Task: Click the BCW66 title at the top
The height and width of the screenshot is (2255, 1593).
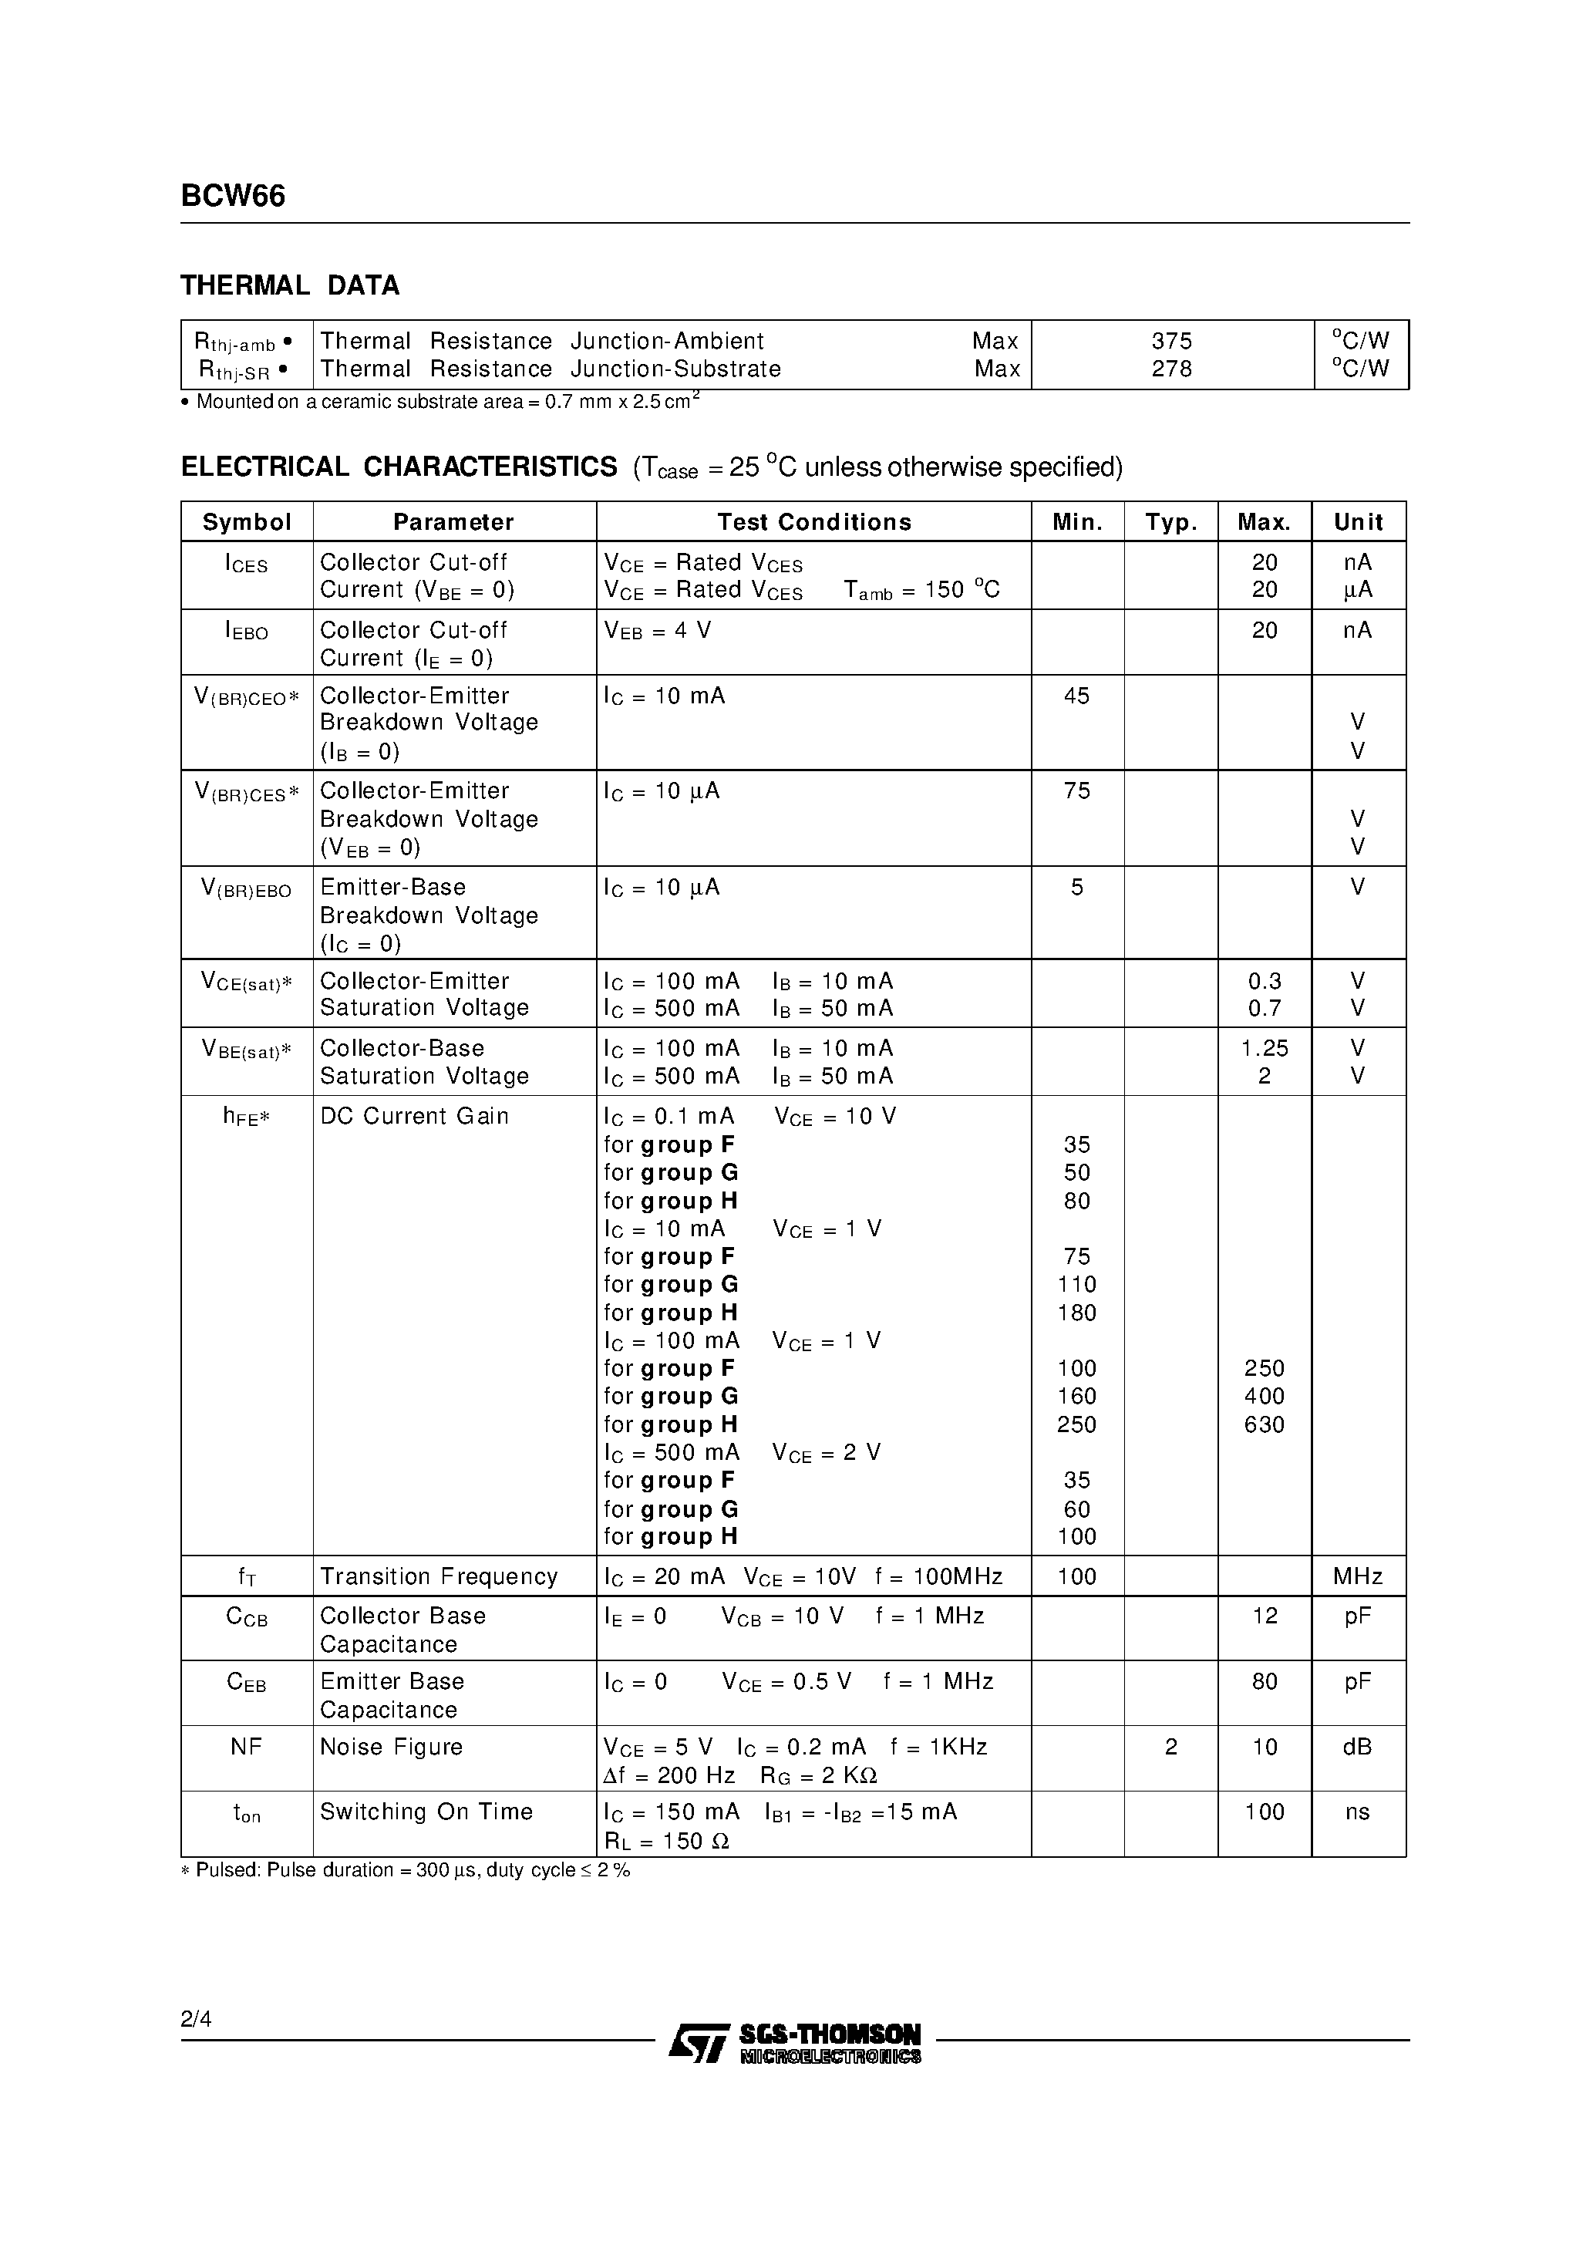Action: [x=233, y=197]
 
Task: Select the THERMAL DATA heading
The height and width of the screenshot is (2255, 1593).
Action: [x=290, y=286]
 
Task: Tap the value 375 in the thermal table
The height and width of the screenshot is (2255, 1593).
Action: [x=1172, y=341]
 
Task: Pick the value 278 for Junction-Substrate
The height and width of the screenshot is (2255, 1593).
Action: [x=1172, y=369]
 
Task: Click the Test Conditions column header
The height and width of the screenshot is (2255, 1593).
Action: [x=813, y=523]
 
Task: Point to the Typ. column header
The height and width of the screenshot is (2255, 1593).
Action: [x=1170, y=523]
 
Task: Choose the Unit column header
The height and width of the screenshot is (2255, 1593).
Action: [x=1359, y=523]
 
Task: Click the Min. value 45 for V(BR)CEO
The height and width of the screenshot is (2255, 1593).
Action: [x=1076, y=696]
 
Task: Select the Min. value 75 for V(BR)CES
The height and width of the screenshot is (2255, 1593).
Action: [x=1076, y=791]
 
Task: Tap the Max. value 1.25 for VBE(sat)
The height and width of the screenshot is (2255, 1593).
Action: [x=1264, y=1049]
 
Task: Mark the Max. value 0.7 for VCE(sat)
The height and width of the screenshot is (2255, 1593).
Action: [x=1264, y=1009]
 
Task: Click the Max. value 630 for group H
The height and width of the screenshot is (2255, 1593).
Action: [x=1264, y=1425]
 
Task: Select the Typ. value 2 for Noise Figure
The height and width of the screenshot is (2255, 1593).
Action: [x=1170, y=1748]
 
